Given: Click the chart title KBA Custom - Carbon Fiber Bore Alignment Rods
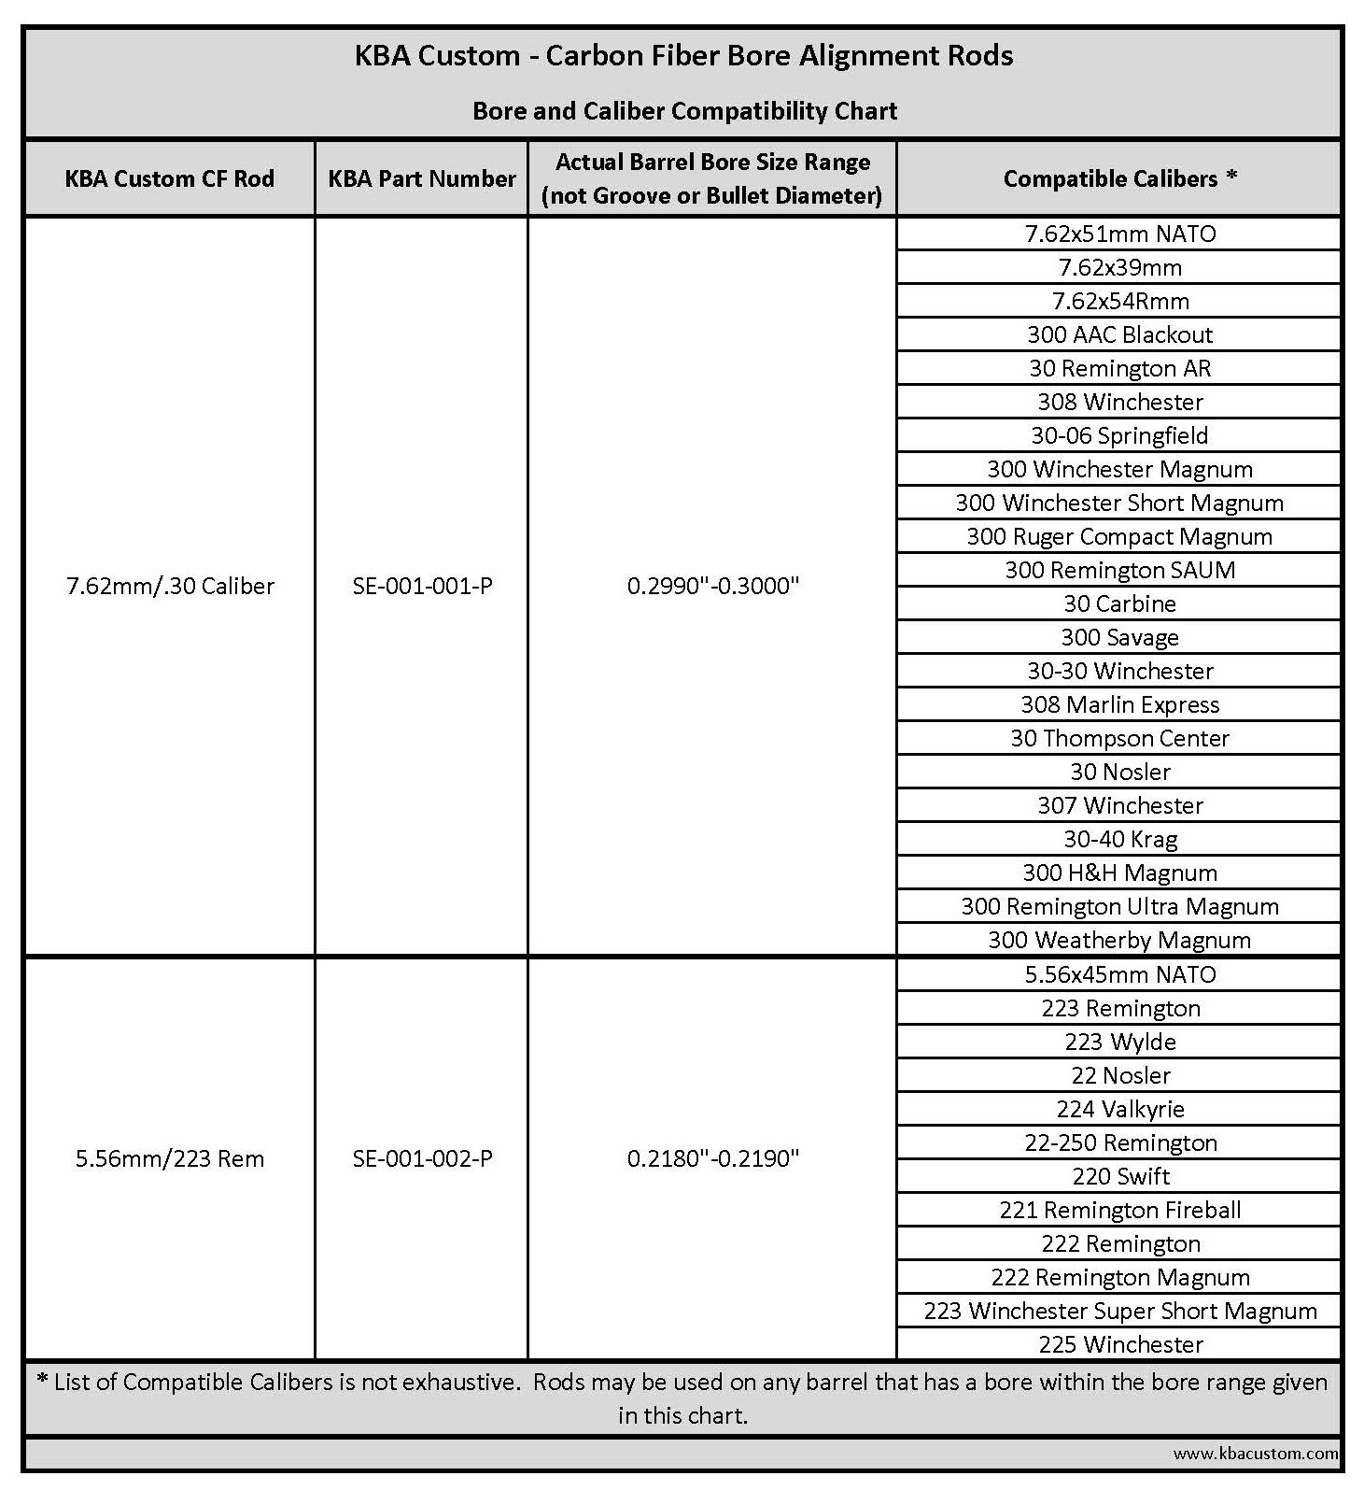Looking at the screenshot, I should (683, 56).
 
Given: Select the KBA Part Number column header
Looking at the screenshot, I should (422, 178).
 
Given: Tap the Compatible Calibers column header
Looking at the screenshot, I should (1119, 178).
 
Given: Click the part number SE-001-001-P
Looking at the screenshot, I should (422, 587).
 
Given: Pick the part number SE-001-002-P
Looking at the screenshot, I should (422, 1159).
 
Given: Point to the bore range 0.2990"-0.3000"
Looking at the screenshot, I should (713, 587).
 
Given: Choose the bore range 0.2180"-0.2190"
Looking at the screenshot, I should (713, 1159).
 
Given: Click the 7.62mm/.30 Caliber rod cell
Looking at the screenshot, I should (170, 587).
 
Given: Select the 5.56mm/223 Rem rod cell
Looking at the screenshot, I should (170, 1159).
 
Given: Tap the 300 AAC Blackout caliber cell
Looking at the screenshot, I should (1119, 334).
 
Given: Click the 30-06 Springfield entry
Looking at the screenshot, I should (1119, 435).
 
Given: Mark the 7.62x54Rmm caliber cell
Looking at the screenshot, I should (1119, 301).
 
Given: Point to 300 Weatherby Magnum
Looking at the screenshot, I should (1119, 940).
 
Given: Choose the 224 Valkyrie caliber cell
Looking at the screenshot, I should (1119, 1109).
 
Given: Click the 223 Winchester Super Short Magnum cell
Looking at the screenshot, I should (1119, 1311).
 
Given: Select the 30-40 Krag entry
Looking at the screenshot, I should (1119, 839).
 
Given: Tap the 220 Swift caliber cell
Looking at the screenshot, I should (1119, 1176).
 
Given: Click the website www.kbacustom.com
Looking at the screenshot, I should (1256, 1454).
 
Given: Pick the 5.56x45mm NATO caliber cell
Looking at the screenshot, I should (1119, 974).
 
